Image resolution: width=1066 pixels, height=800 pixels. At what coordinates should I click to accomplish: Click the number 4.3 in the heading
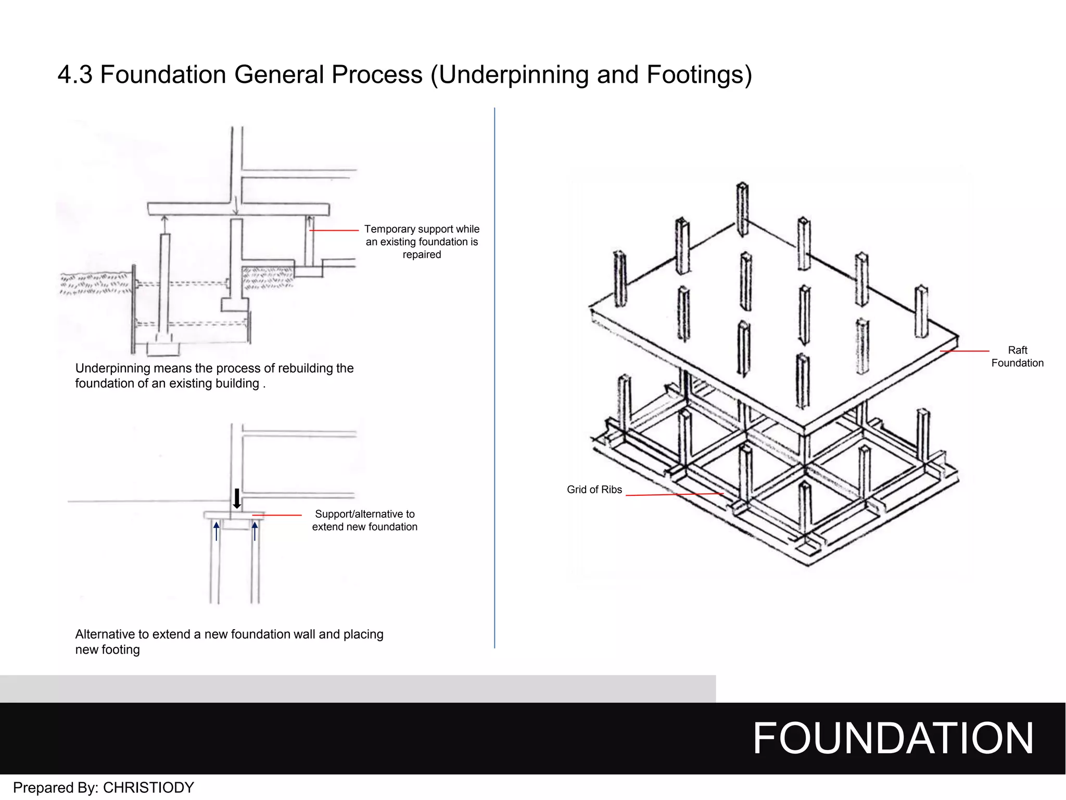(75, 75)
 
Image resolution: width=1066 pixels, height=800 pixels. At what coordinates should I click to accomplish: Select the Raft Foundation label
(1017, 357)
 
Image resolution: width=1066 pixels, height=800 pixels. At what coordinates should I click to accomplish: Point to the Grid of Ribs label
(594, 490)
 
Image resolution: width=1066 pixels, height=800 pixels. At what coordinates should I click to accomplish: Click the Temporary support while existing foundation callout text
(422, 242)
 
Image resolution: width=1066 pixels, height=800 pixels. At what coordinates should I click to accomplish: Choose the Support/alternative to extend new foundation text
(364, 520)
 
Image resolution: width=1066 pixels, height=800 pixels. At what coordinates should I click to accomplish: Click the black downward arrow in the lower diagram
(237, 498)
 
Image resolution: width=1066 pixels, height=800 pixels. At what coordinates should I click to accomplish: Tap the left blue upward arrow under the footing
(217, 531)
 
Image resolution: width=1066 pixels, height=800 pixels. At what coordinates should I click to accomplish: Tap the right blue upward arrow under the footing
(255, 531)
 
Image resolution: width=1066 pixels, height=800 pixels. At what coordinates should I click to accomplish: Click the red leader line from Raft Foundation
(965, 352)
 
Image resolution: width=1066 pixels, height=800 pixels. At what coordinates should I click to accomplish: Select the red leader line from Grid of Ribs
(674, 494)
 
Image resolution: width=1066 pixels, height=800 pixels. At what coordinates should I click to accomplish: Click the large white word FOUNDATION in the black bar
(893, 739)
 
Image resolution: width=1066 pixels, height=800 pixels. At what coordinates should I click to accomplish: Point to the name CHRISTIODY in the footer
(148, 787)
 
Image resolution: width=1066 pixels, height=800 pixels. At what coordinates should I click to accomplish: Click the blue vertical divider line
(494, 378)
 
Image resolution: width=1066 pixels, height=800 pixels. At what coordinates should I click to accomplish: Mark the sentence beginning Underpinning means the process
(214, 376)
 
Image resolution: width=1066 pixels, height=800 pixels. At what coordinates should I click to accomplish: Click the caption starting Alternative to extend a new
(229, 642)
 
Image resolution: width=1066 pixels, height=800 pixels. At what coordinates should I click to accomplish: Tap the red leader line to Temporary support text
(334, 230)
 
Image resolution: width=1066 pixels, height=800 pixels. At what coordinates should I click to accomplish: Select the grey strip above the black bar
(358, 689)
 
